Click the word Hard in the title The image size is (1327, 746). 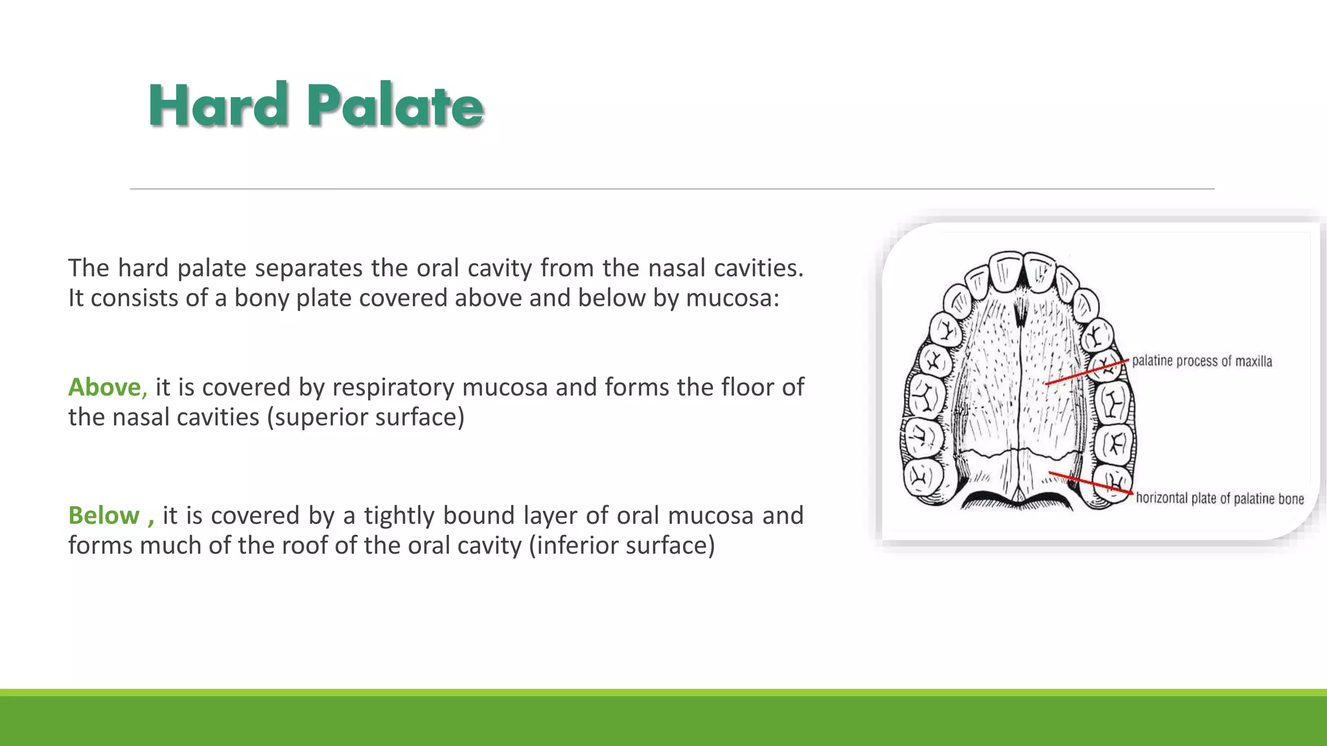[218, 105]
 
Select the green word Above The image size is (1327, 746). [105, 387]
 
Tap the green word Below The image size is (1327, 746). [104, 515]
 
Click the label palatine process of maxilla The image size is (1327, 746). [1202, 361]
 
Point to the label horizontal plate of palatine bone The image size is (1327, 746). [1219, 499]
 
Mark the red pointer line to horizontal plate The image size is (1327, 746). [1090, 484]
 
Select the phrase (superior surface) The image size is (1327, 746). [366, 417]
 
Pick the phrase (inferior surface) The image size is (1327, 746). [622, 545]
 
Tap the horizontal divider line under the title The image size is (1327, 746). [671, 189]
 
